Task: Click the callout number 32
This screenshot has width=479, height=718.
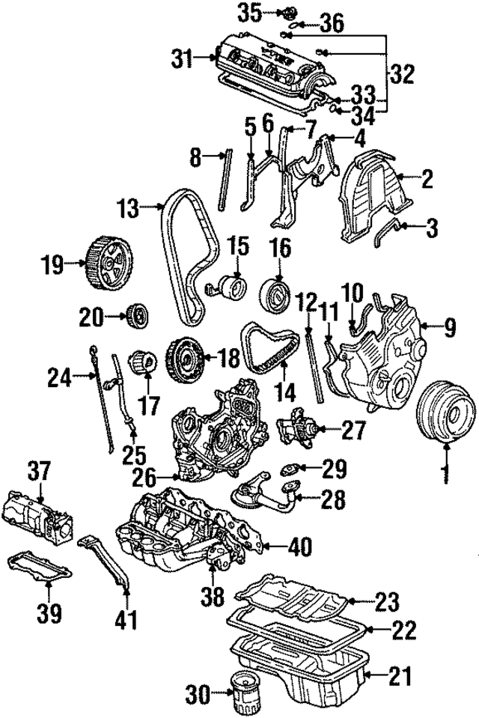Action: [x=402, y=76]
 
